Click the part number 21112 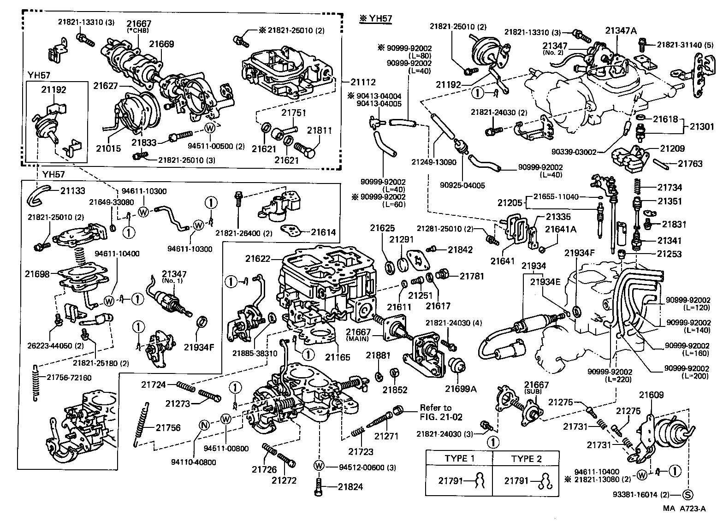coord(363,82)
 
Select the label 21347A coord(621,31)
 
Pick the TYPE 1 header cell coord(459,459)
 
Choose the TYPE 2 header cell coord(526,459)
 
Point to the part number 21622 coord(258,259)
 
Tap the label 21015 coord(108,148)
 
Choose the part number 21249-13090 coord(434,162)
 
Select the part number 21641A coord(561,229)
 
